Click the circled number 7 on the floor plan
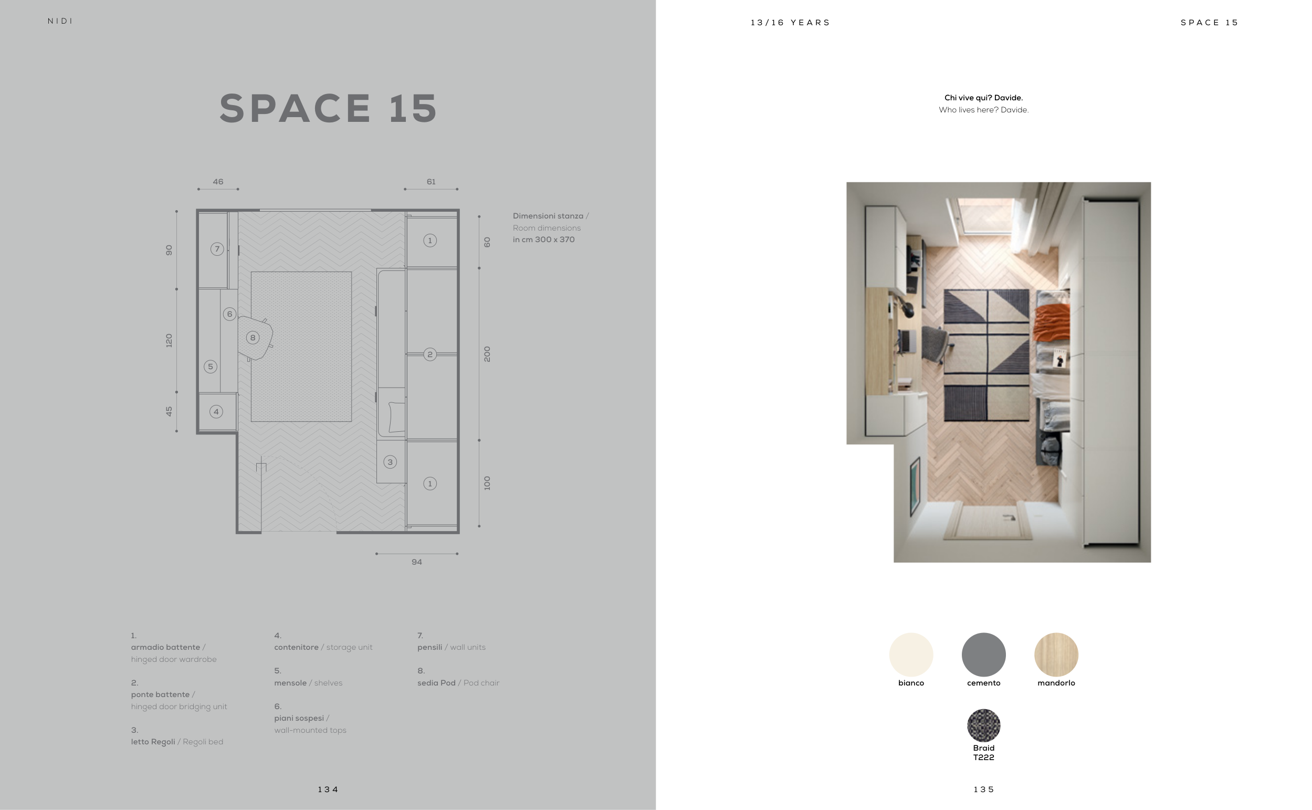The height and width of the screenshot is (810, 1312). pyautogui.click(x=217, y=249)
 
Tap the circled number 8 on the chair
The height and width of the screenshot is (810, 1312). pyautogui.click(x=253, y=337)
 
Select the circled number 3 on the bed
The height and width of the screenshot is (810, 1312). pyautogui.click(x=390, y=462)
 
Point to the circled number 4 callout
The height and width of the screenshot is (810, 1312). pyautogui.click(x=216, y=411)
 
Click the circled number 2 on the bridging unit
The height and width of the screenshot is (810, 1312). pyautogui.click(x=430, y=354)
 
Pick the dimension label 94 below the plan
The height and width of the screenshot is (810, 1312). pyautogui.click(x=416, y=562)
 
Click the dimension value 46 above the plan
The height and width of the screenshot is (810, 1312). pyautogui.click(x=218, y=182)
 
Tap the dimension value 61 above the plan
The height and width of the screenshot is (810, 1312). pyautogui.click(x=431, y=182)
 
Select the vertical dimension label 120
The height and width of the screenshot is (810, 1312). pyautogui.click(x=169, y=341)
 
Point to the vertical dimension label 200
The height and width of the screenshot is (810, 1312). pyautogui.click(x=487, y=354)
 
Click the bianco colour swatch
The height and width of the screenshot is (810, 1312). pyautogui.click(x=911, y=655)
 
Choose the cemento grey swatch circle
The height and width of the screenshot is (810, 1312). pyautogui.click(x=984, y=655)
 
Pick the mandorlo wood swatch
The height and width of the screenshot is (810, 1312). pyautogui.click(x=1056, y=655)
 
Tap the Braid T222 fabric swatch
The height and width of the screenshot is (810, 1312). pyautogui.click(x=984, y=725)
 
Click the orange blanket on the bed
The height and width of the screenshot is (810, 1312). pyautogui.click(x=1052, y=323)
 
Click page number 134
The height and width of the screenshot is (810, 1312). pyautogui.click(x=328, y=790)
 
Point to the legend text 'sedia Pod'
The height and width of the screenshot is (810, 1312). pyautogui.click(x=436, y=683)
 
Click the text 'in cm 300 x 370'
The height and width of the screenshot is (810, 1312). pyautogui.click(x=544, y=240)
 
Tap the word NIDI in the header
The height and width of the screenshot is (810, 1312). pyautogui.click(x=60, y=21)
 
